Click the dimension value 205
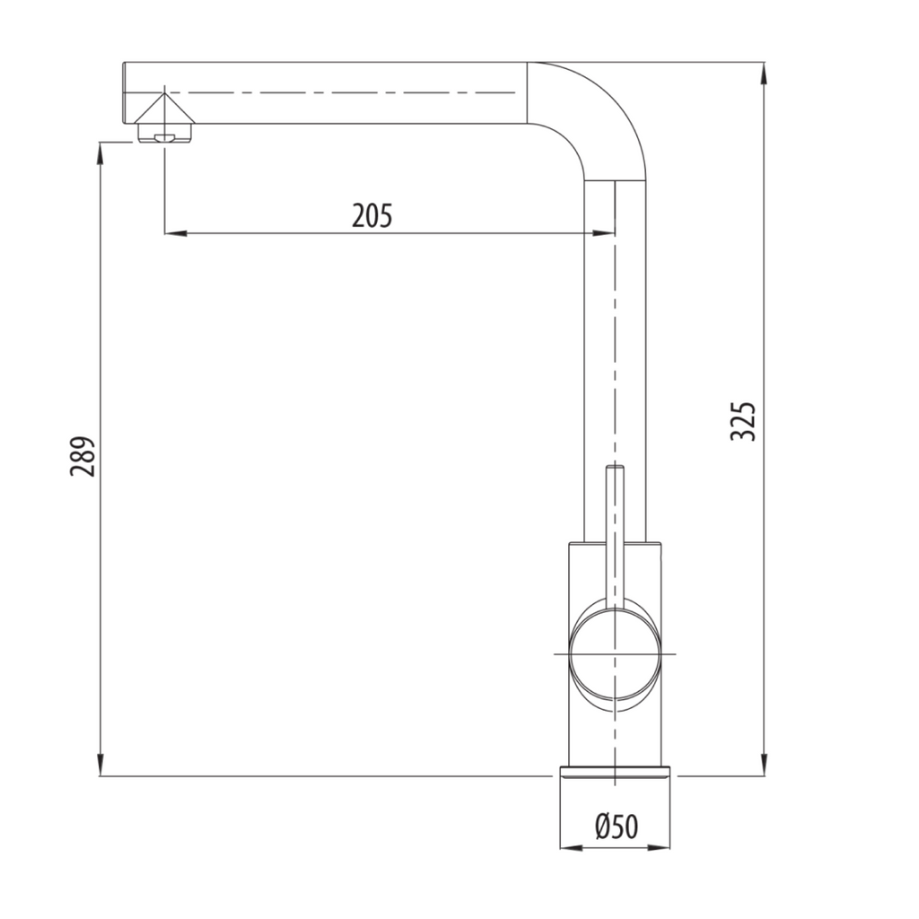tap(372, 215)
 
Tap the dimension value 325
tap(744, 421)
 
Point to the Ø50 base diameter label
tap(616, 826)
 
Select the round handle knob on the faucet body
tap(615, 653)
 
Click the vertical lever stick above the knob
tap(615, 530)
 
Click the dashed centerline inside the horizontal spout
tap(341, 92)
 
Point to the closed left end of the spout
tap(124, 93)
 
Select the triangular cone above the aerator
tap(164, 110)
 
